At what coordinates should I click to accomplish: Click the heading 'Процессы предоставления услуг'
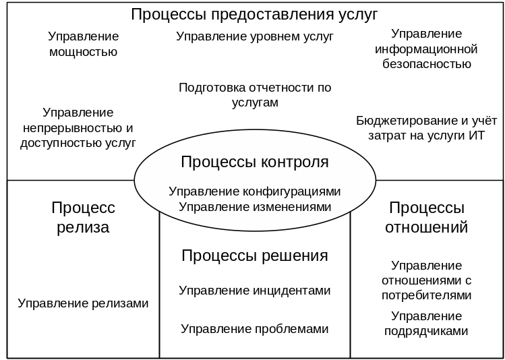coord(254,15)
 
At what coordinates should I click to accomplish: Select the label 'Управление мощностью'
coord(83,44)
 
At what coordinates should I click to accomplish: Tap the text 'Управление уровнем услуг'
coord(255,37)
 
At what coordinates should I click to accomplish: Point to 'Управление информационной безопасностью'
coord(426,49)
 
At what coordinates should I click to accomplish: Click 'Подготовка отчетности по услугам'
coord(255,95)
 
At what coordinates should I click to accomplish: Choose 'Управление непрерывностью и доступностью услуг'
coord(78,127)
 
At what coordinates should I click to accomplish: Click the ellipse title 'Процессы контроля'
coord(255,162)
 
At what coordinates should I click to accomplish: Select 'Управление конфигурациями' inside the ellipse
coord(255,191)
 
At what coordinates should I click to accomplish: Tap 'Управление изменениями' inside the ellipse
coord(255,207)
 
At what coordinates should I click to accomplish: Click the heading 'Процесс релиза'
coord(83,217)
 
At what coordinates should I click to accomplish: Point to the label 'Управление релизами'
coord(83,303)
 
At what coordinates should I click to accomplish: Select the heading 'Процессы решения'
coord(255,256)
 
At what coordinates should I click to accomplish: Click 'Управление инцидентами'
coord(255,291)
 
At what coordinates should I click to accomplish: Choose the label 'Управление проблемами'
coord(255,329)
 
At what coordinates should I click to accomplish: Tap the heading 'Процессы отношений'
coord(426,217)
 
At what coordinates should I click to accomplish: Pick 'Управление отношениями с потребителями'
coord(426,280)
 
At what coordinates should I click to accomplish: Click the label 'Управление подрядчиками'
coord(426,324)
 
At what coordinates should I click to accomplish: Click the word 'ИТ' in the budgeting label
coord(476,135)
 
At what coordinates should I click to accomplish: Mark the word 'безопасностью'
coord(426,65)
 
